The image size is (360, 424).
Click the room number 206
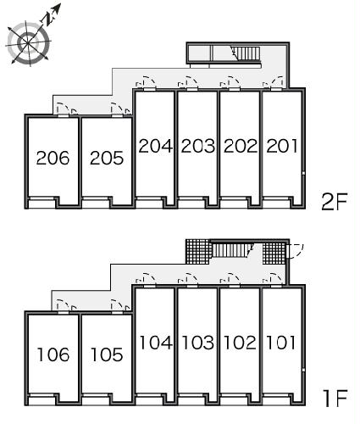pyautogui.click(x=53, y=158)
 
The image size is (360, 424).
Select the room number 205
pyautogui.click(x=107, y=158)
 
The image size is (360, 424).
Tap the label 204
pyautogui.click(x=155, y=146)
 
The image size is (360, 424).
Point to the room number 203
pyautogui.click(x=197, y=146)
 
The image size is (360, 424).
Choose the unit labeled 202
pyautogui.click(x=241, y=146)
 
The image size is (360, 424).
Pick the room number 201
pyautogui.click(x=282, y=146)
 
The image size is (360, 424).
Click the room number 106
pyautogui.click(x=53, y=354)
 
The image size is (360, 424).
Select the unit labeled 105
pyautogui.click(x=107, y=354)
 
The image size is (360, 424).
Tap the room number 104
pyautogui.click(x=156, y=343)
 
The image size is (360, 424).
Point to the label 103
pyautogui.click(x=197, y=343)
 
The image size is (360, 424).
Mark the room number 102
pyautogui.click(x=241, y=343)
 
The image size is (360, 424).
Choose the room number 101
pyautogui.click(x=281, y=343)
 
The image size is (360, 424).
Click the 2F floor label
pyautogui.click(x=334, y=202)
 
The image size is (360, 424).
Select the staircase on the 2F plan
pyautogui.click(x=246, y=53)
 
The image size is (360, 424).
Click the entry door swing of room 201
pyautogui.click(x=277, y=82)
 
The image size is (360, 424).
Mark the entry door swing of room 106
pyautogui.click(x=63, y=306)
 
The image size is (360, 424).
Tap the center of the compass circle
pyautogui.click(x=28, y=42)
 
